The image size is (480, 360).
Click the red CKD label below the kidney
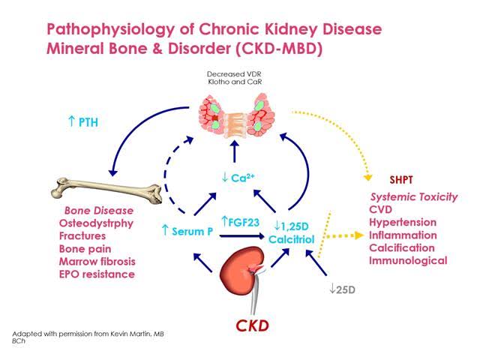tap(252, 325)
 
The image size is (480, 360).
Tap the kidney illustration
tap(241, 268)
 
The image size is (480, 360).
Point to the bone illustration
tap(106, 190)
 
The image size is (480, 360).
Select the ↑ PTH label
tap(83, 121)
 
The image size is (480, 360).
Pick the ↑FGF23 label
tap(240, 222)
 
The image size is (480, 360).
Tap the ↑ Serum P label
tap(187, 231)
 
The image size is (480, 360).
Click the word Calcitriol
tap(292, 239)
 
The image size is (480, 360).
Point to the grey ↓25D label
tap(342, 289)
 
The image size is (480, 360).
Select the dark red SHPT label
tap(401, 180)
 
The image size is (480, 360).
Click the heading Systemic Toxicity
tap(414, 196)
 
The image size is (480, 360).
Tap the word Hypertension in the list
tap(403, 222)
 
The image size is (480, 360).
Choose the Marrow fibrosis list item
tap(97, 262)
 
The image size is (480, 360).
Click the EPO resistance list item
tap(97, 274)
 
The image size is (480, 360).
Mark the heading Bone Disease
tap(99, 211)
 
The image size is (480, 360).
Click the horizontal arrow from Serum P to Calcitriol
tap(241, 236)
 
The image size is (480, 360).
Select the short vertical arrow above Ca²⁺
tap(235, 151)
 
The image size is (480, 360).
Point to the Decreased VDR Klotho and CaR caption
tap(234, 78)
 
